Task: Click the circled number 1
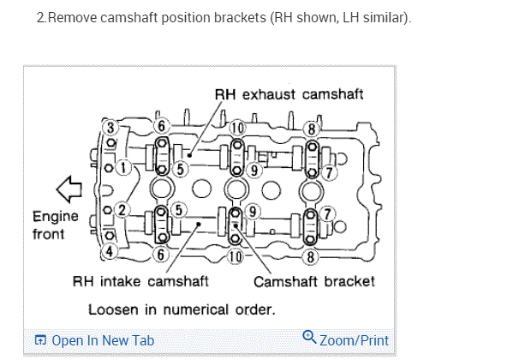(x=126, y=168)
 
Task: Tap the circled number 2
(x=122, y=209)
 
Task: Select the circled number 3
(x=110, y=129)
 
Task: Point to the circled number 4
(x=110, y=251)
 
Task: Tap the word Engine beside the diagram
(x=55, y=217)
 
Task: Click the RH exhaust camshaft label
(x=289, y=94)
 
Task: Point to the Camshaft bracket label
(x=314, y=281)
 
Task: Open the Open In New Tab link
(x=102, y=340)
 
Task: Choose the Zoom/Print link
(x=354, y=340)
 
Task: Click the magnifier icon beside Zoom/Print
(x=310, y=339)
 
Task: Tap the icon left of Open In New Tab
(x=39, y=340)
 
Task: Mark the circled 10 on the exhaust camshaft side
(x=237, y=128)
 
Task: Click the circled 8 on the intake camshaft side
(x=313, y=255)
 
